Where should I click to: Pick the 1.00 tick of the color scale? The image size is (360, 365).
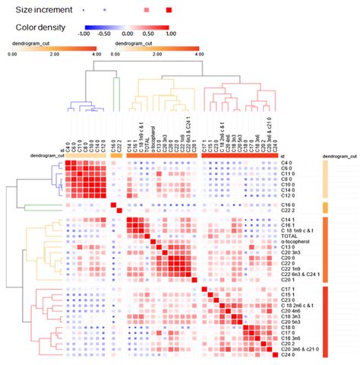170,34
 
